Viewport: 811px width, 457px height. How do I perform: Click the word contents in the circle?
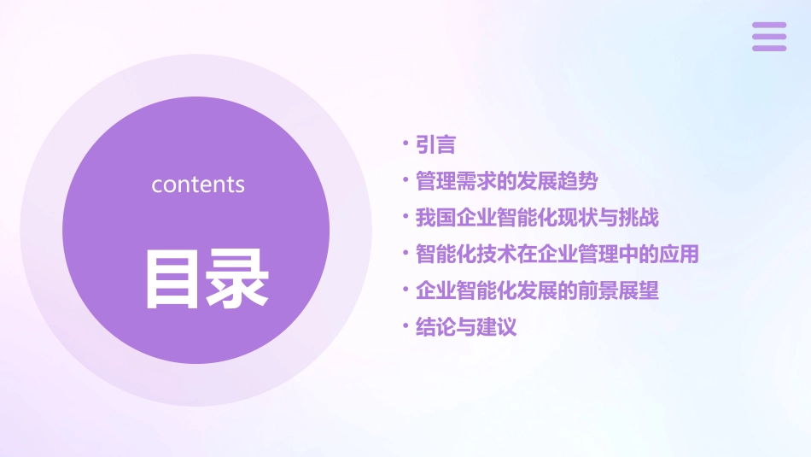pos(198,185)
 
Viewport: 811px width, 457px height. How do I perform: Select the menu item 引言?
pos(435,145)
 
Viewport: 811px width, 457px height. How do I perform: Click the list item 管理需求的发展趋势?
pos(506,181)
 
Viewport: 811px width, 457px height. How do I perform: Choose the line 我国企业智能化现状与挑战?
pos(537,218)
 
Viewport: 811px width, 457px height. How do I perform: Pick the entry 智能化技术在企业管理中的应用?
pos(557,254)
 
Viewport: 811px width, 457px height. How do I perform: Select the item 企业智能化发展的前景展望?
pos(537,290)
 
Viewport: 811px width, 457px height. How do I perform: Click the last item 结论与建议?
pos(466,327)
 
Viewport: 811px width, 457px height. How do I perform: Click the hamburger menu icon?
pos(769,37)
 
